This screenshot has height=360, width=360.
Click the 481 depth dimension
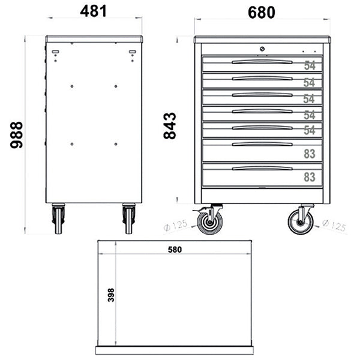(94, 11)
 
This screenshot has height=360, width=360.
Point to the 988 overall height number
(16, 134)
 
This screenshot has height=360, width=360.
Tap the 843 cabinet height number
(170, 126)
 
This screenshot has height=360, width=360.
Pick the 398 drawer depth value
(111, 295)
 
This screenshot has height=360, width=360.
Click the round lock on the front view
(262, 49)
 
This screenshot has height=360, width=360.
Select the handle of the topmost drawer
(262, 61)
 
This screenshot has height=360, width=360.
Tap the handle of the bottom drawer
(262, 168)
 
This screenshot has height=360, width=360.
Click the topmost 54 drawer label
(310, 65)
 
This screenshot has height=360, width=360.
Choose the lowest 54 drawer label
(310, 131)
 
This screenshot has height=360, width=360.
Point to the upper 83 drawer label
(310, 154)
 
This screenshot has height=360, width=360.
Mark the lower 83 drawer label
(310, 178)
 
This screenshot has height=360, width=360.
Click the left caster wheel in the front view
(210, 222)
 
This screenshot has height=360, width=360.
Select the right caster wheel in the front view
(300, 222)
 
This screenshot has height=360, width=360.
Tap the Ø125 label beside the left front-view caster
(176, 226)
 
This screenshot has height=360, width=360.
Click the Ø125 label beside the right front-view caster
(334, 227)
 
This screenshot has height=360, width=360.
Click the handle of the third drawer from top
(262, 94)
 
